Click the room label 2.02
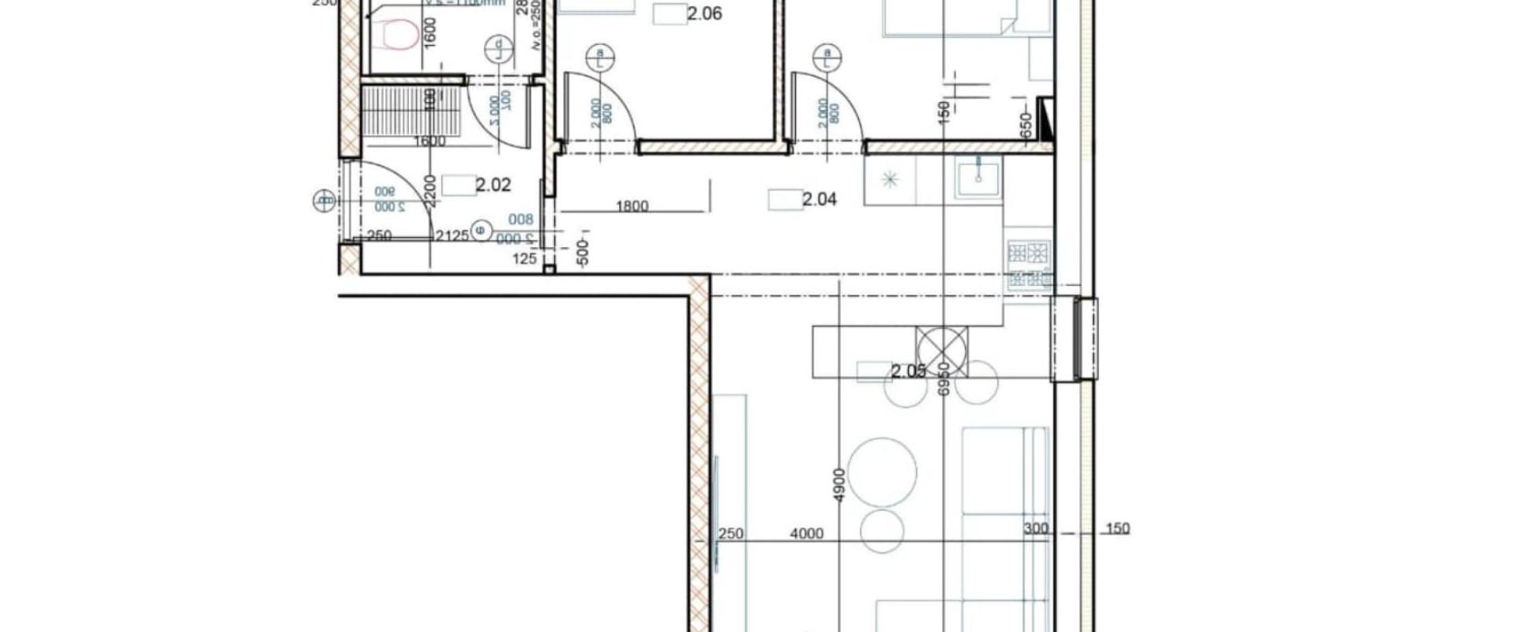pos(493,186)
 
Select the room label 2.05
pos(908,371)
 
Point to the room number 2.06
pos(704,13)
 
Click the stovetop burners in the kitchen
pos(1030,254)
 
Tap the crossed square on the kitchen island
pos(941,350)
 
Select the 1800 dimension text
pos(632,206)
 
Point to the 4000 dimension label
pos(806,534)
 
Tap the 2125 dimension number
pos(452,235)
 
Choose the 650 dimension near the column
pos(1026,124)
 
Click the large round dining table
pos(882,472)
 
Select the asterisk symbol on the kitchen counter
pos(891,180)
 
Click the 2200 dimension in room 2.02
pos(429,190)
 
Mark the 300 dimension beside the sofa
pos(1035,529)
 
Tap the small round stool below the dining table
pos(882,530)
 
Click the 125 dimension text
pos(524,258)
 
